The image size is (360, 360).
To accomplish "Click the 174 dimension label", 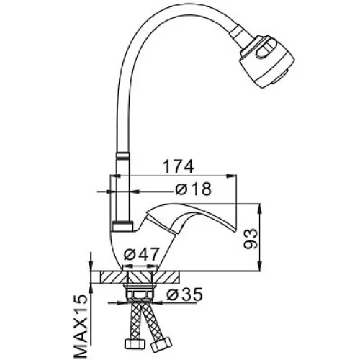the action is tap(178, 166).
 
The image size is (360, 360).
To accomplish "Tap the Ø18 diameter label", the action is tap(194, 189).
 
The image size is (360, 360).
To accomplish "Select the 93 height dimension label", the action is tap(251, 239).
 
